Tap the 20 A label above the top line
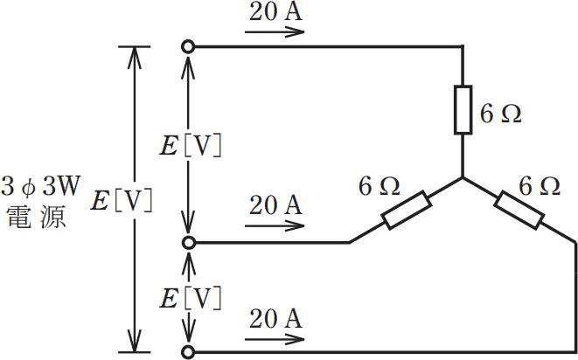coord(275,11)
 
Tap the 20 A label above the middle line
coord(275,204)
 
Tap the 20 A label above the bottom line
coord(275,319)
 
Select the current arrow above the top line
coord(275,32)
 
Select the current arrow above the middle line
coord(275,225)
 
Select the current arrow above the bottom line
coord(275,339)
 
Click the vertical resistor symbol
coord(463,109)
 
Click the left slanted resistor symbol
coord(407,210)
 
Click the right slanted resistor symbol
coord(519,210)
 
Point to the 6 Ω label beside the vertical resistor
coord(500,114)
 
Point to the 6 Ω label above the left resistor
coord(380,186)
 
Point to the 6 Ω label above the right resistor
coord(540,186)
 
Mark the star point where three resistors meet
coord(463,177)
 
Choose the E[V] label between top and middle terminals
coord(191,147)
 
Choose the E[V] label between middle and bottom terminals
coord(191,298)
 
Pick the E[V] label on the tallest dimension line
coord(122,201)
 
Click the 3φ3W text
coord(40,186)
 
